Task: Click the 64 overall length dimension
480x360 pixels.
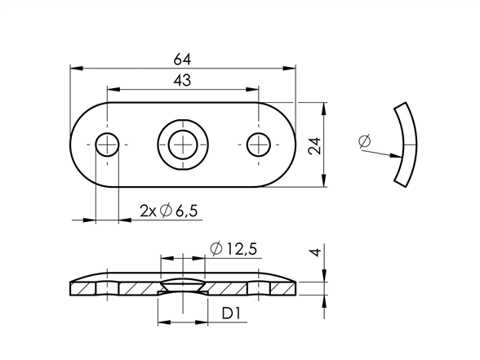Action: click(182, 60)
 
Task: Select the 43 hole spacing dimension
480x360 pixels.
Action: click(182, 81)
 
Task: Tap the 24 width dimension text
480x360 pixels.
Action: click(315, 145)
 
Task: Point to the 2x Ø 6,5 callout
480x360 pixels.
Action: click(169, 211)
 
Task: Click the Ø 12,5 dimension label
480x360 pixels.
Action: click(233, 249)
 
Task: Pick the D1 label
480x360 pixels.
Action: click(231, 313)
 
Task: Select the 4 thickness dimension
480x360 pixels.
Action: click(316, 252)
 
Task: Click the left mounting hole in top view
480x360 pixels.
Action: click(107, 144)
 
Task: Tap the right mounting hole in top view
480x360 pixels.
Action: click(259, 144)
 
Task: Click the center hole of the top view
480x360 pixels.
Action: click(183, 144)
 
